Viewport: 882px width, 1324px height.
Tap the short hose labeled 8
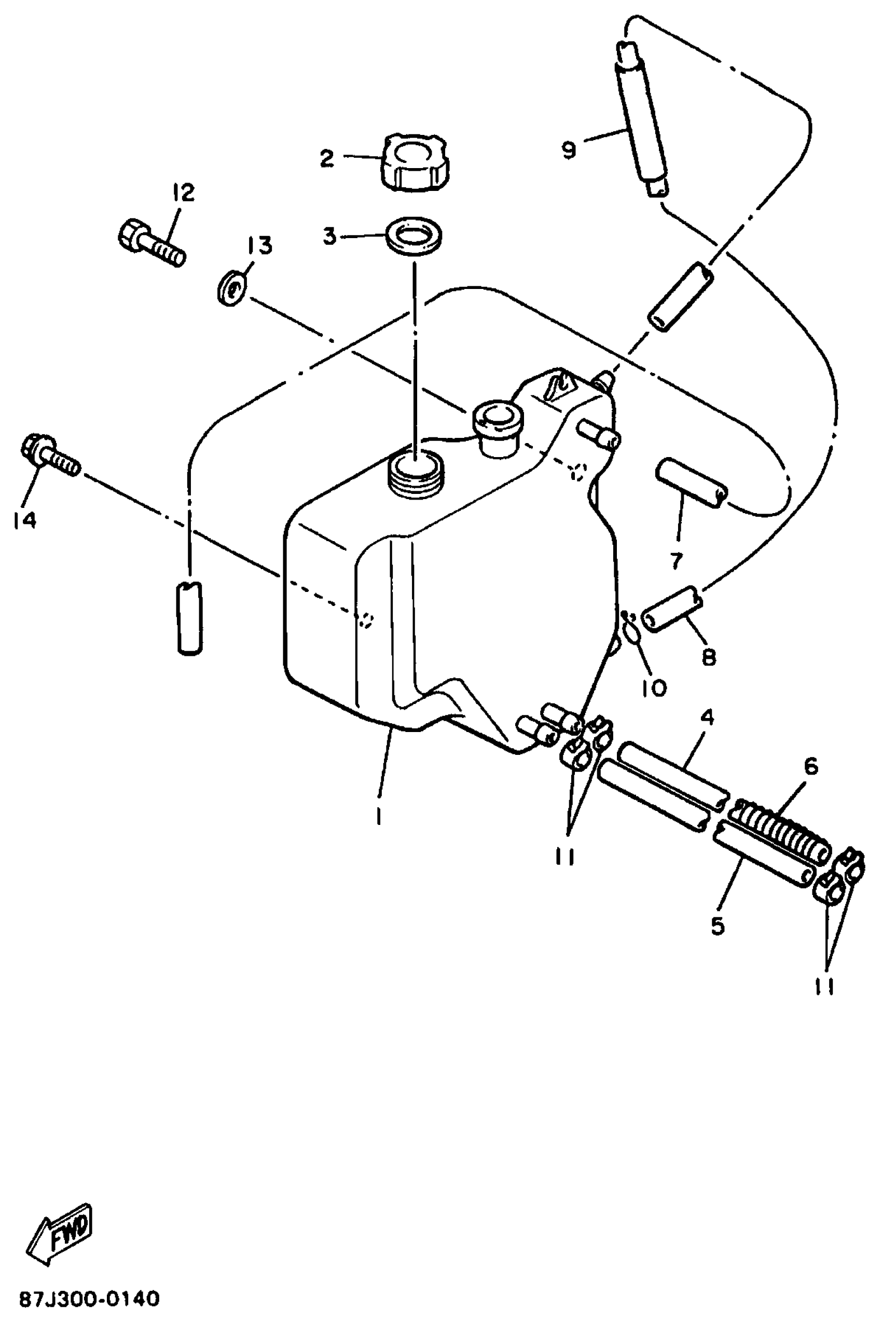pyautogui.click(x=672, y=609)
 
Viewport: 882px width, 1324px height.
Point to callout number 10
pyautogui.click(x=654, y=687)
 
